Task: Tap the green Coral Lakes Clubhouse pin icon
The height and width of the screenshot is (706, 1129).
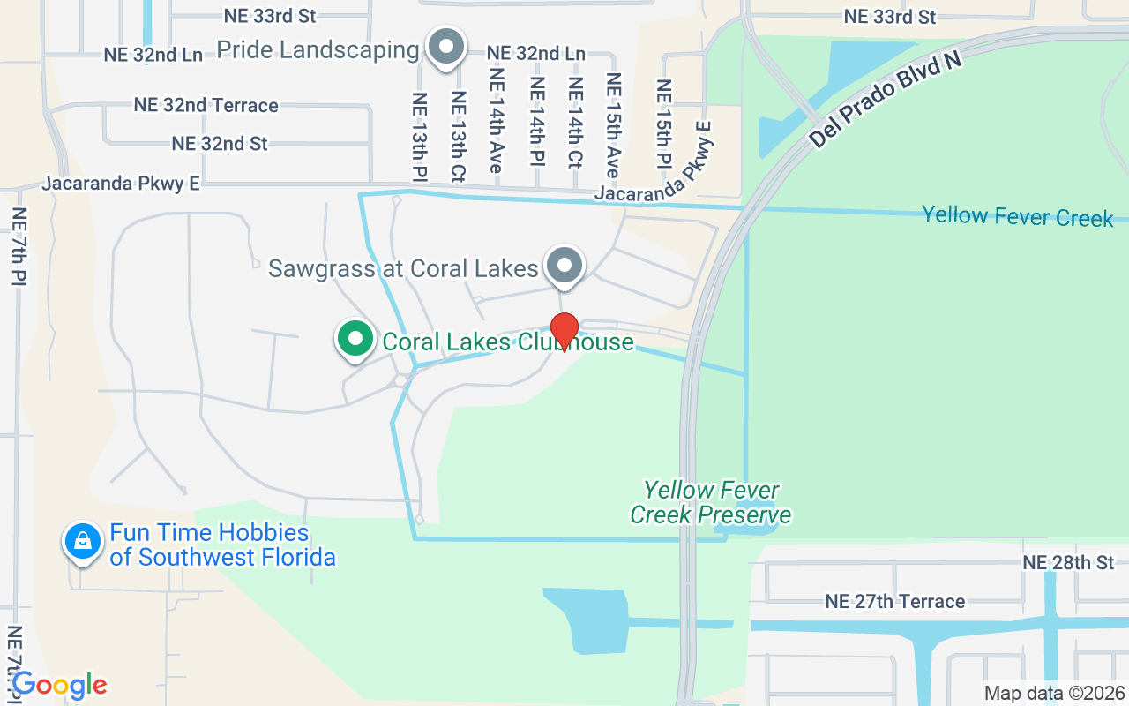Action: tap(355, 339)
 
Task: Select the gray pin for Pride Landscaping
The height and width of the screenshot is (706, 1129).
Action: tap(446, 46)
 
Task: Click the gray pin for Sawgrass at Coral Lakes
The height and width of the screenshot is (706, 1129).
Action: tap(564, 265)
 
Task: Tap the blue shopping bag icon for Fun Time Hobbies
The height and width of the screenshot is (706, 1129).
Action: tap(82, 540)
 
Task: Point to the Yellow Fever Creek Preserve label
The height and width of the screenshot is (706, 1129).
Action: tap(711, 502)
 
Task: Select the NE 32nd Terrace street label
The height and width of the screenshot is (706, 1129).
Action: tap(206, 105)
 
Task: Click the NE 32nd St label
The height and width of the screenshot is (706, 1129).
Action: tap(220, 143)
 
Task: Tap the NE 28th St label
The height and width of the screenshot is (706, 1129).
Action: tap(1068, 563)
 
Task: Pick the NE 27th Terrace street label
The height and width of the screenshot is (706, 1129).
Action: tap(895, 602)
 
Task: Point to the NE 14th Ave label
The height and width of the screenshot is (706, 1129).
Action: tap(497, 118)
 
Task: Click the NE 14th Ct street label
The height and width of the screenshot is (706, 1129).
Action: tap(575, 123)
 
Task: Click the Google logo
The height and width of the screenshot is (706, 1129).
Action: tap(60, 685)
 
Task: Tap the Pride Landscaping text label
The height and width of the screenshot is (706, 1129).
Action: tap(318, 50)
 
